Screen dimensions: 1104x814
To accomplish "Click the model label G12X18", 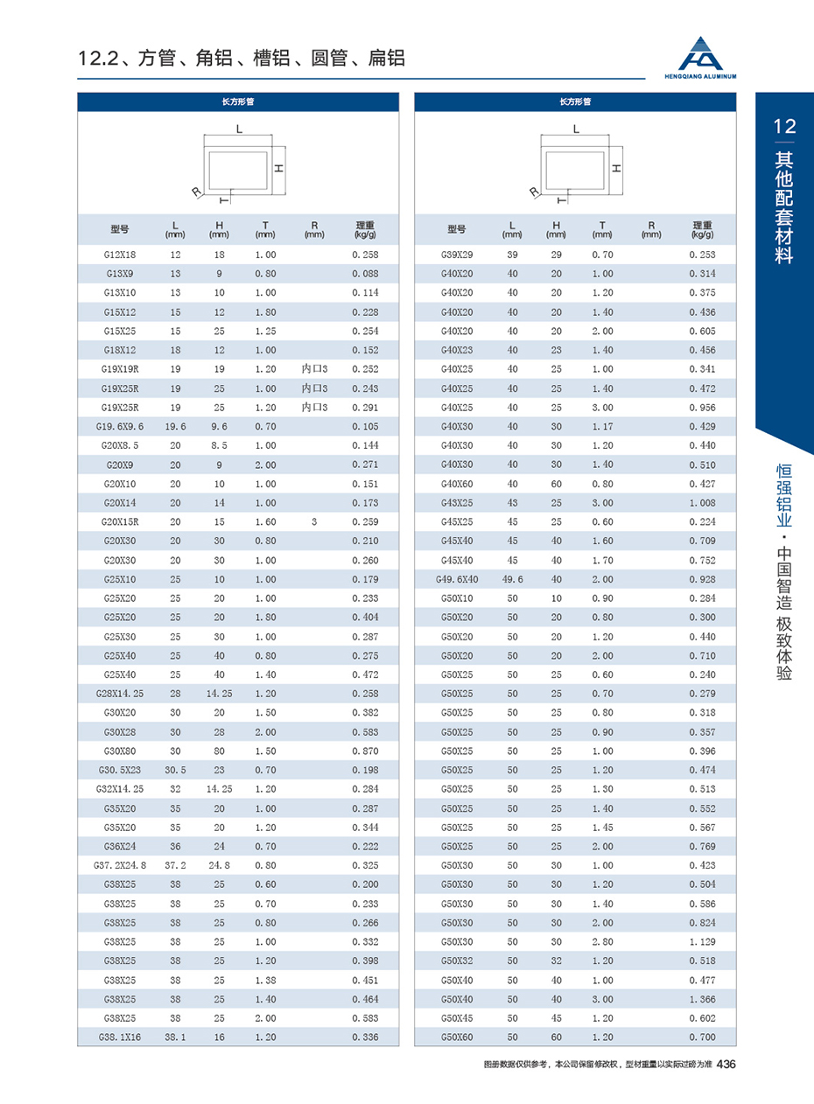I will [x=120, y=255].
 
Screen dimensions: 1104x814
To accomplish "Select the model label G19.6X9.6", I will [x=120, y=427].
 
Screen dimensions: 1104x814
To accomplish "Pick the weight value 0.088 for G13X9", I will [x=365, y=274].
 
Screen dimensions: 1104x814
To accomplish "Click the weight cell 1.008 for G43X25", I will [x=702, y=503].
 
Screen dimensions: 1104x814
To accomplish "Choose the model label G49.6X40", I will [x=457, y=580].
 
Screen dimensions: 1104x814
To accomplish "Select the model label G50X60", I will [x=457, y=1038].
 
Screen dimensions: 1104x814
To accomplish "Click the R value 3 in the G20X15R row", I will [x=313, y=522].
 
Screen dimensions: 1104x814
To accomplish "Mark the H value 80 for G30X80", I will [x=219, y=751].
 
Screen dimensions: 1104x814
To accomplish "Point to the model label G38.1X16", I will [x=120, y=1038].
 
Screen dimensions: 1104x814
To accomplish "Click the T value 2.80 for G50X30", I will [x=602, y=941].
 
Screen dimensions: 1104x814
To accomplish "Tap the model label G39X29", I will [x=457, y=255].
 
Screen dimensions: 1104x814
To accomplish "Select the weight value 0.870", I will [x=365, y=751].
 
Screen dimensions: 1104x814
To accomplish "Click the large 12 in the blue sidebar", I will [x=784, y=127].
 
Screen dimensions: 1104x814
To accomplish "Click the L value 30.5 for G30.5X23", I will [x=175, y=771].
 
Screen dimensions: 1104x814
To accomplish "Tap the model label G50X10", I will [x=457, y=599].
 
